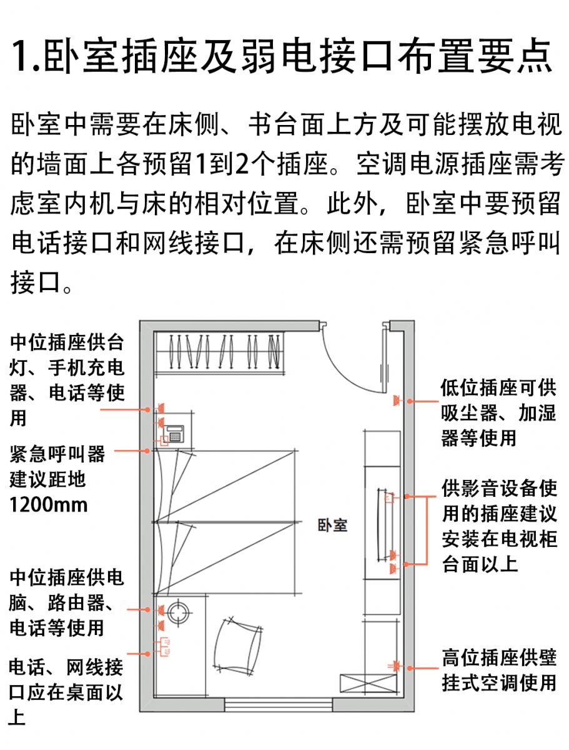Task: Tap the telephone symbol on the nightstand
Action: (x=174, y=432)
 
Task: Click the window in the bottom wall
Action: (x=279, y=705)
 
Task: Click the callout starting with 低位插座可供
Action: (x=498, y=413)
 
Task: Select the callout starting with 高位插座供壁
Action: (x=498, y=670)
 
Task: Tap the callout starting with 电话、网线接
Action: (x=66, y=692)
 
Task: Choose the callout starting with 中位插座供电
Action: (x=66, y=601)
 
